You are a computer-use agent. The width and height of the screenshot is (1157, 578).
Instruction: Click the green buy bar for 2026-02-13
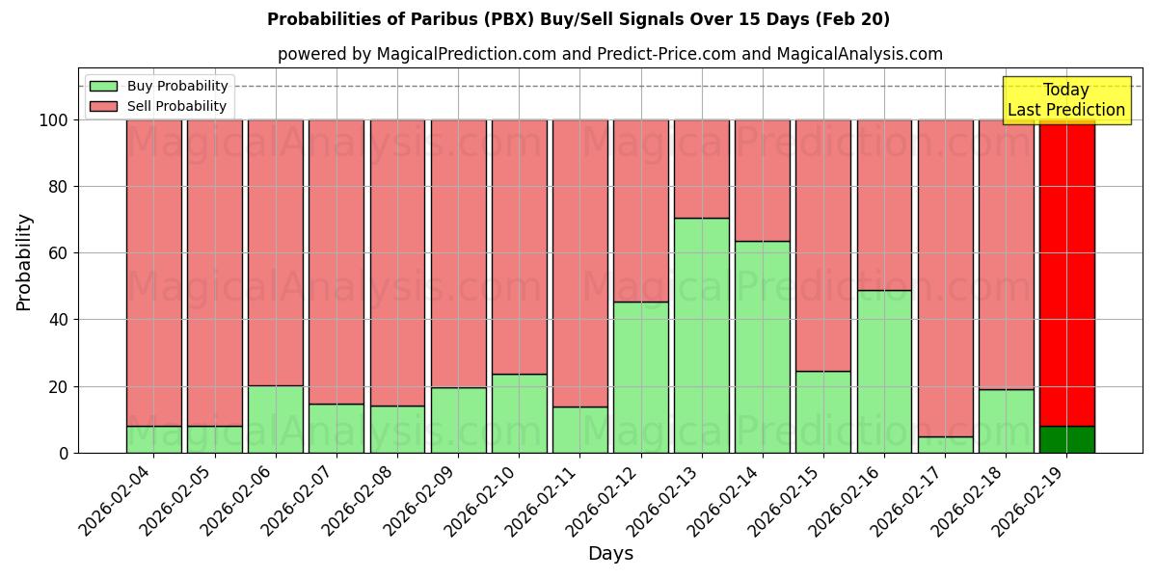coord(701,335)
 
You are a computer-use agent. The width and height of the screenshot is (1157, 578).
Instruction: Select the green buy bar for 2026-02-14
coord(762,347)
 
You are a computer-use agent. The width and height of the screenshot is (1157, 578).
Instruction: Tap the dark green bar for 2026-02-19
coord(1066,439)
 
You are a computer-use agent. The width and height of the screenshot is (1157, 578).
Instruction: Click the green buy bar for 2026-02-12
coord(640,377)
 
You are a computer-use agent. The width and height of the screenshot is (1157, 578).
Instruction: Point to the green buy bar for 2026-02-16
coord(884,371)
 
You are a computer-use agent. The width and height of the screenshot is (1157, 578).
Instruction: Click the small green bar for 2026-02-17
coord(945,445)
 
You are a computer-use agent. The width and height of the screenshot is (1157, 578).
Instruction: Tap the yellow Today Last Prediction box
coord(1065,100)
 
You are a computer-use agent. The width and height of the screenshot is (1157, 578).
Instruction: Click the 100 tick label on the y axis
coord(56,120)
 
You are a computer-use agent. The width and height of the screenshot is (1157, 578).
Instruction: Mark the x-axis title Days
coord(610,554)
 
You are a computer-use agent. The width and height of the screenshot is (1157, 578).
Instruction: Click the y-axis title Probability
coord(24,262)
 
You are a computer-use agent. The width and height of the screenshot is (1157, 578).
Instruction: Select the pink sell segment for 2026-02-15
coord(822,246)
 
